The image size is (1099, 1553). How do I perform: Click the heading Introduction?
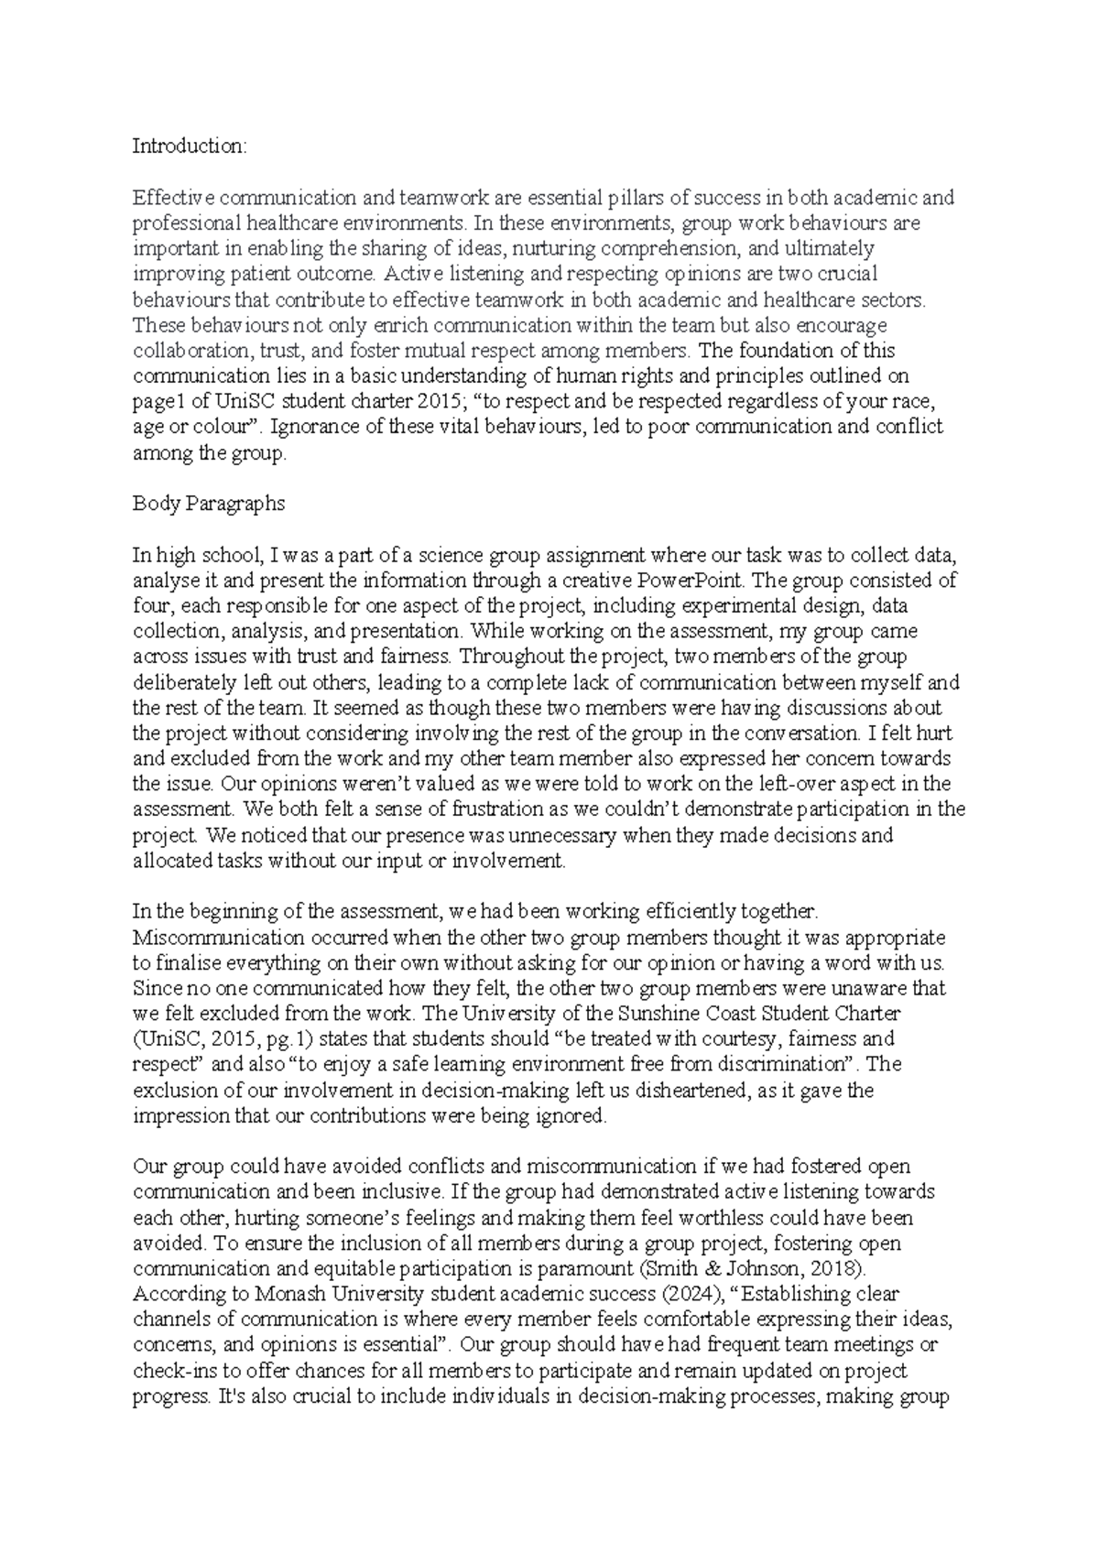[x=190, y=146]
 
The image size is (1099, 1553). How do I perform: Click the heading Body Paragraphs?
[x=209, y=504]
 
